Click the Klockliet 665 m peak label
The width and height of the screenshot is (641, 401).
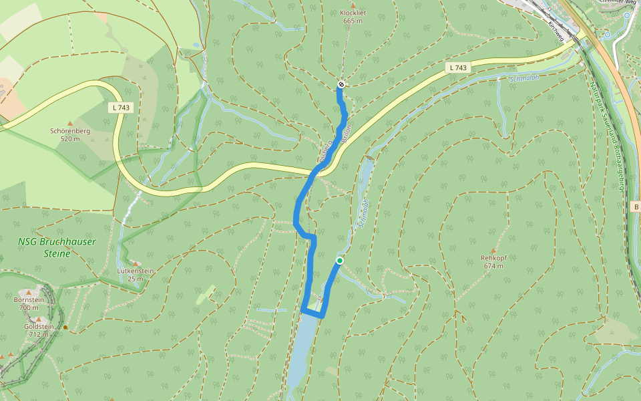point(353,17)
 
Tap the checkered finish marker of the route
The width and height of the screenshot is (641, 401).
point(341,84)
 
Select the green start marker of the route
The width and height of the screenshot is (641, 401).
point(340,261)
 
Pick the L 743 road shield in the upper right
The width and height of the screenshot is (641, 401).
point(458,68)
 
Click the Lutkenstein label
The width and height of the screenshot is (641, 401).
point(136,274)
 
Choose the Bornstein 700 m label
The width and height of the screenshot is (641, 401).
point(28,303)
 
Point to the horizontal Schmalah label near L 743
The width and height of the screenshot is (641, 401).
point(523,78)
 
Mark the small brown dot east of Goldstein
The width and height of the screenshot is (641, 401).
point(65,327)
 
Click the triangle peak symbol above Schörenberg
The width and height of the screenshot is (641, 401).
point(69,123)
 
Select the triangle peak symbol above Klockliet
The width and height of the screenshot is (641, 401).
point(353,5)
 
